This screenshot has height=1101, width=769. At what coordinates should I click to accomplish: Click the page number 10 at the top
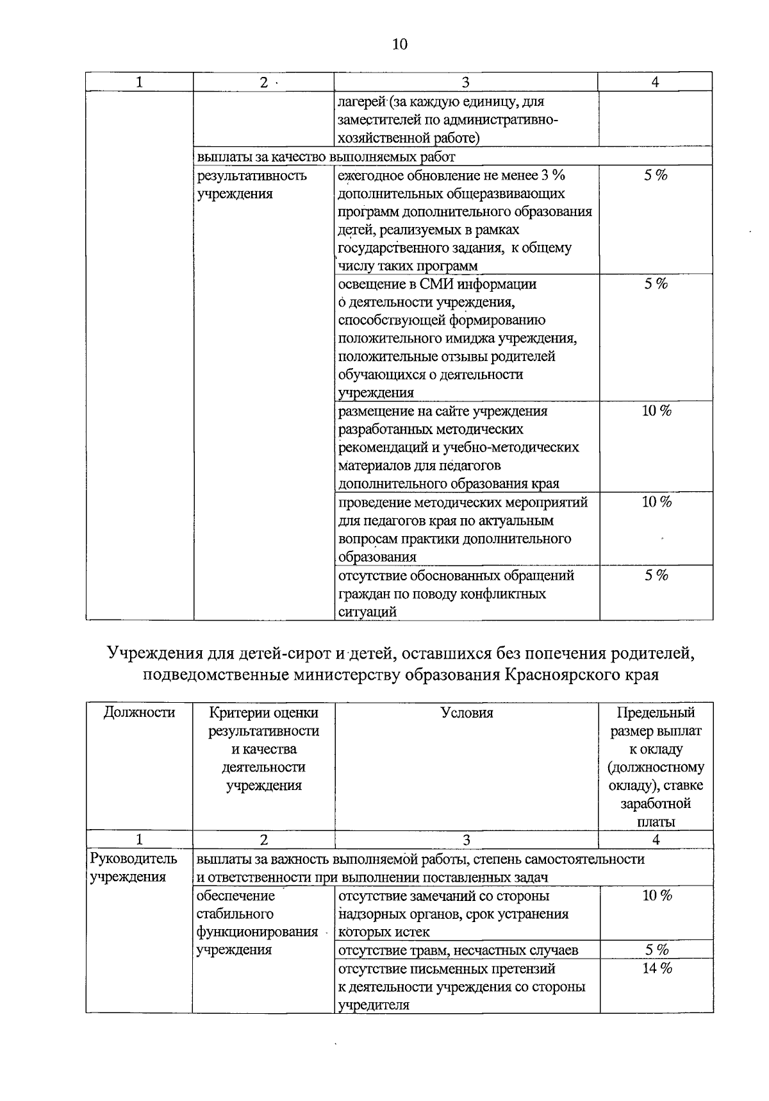tap(399, 44)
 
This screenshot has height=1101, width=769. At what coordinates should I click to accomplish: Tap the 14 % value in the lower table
tap(657, 968)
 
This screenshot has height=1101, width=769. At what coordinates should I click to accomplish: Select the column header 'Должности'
tap(139, 712)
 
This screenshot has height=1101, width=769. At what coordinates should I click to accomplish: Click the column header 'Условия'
tap(467, 712)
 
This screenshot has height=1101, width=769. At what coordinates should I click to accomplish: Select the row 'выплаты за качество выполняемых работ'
tap(327, 156)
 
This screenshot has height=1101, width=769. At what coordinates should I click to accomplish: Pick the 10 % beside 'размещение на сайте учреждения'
tap(657, 411)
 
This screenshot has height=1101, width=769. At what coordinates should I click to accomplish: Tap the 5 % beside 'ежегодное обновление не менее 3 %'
tap(657, 176)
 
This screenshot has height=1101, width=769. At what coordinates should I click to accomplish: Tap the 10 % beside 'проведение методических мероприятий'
tap(657, 502)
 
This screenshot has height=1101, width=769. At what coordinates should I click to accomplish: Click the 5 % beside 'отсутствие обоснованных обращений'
tap(657, 576)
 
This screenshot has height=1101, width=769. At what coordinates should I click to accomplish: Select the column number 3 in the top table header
tap(465, 82)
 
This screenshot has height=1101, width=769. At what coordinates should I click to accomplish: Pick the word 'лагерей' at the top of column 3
tap(360, 102)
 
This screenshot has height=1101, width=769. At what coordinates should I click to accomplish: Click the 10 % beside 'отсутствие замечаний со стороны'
tap(657, 896)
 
